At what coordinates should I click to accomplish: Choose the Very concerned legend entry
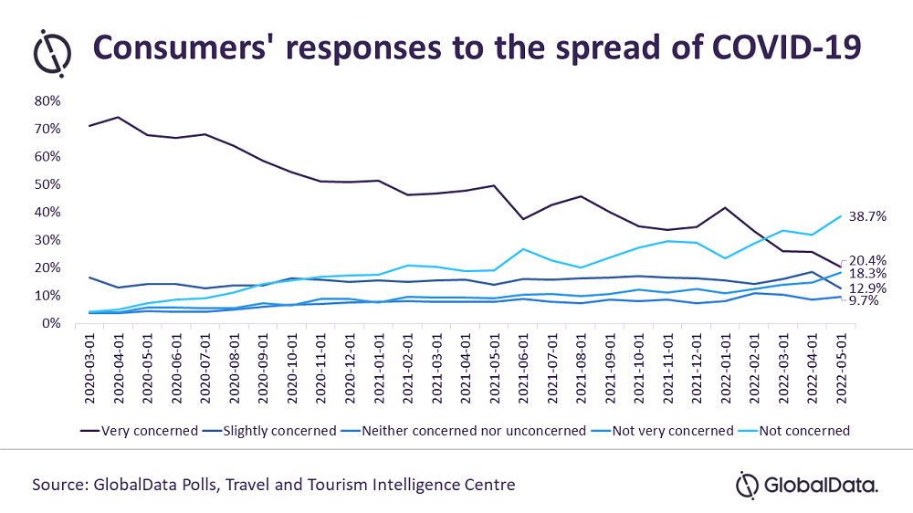(x=138, y=430)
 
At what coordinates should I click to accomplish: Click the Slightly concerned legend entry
(x=270, y=430)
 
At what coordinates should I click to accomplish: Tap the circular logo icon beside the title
(x=54, y=52)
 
